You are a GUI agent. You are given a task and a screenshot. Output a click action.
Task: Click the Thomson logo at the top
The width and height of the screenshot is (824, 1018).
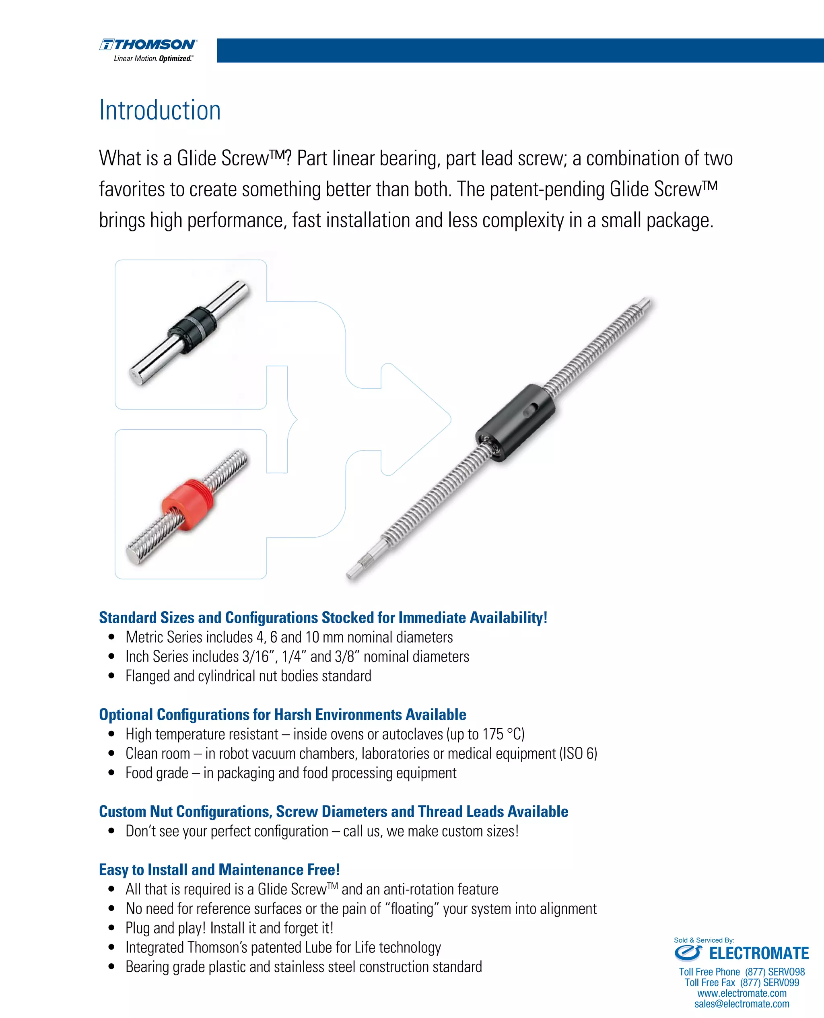tap(148, 49)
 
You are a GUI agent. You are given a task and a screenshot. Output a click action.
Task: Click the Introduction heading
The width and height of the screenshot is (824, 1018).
tap(160, 111)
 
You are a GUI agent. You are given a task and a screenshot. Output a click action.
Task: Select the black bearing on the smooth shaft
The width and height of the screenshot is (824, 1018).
tap(193, 330)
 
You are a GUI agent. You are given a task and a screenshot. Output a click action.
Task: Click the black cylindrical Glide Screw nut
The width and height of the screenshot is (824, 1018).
tap(515, 422)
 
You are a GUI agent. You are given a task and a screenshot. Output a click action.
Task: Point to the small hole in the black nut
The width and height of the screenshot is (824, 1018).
tap(530, 410)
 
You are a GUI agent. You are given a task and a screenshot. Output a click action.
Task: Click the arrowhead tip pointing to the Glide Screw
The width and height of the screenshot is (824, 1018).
tap(449, 419)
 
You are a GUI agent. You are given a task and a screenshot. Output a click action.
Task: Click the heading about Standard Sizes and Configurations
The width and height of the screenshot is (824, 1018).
tap(323, 618)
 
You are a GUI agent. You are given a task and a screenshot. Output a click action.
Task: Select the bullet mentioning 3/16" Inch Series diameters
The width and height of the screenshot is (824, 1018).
tap(297, 656)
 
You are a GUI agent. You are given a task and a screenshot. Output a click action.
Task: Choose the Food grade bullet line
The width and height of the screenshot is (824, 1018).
tap(290, 773)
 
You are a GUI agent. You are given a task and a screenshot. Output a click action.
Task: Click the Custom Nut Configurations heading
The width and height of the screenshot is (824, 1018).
tap(333, 812)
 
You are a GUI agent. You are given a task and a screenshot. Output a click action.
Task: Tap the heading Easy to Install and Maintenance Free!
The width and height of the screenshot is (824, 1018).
tap(219, 870)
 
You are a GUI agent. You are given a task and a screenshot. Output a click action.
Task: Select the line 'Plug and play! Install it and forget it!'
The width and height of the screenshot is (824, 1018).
tap(229, 928)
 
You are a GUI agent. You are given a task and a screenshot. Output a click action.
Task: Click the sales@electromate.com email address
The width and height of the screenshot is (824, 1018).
tap(742, 1004)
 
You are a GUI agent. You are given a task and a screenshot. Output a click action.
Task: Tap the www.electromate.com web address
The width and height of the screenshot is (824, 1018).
tap(742, 993)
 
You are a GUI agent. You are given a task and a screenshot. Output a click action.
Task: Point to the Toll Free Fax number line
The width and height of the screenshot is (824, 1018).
tap(742, 983)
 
